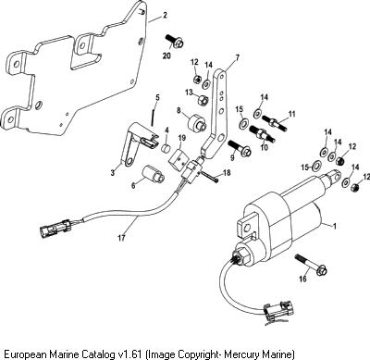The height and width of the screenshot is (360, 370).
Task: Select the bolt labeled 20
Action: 175,42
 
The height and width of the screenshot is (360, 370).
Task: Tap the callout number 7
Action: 237,57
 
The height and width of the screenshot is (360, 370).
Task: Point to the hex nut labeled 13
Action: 203,100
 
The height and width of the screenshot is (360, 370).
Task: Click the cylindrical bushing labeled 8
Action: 196,122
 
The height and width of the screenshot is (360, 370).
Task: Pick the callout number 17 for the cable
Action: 122,238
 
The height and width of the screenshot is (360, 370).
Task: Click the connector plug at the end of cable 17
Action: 55,228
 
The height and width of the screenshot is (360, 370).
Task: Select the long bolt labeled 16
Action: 311,265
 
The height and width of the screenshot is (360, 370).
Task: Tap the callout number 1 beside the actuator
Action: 334,226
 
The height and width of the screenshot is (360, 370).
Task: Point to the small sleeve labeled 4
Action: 167,147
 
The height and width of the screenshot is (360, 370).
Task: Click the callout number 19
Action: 180,138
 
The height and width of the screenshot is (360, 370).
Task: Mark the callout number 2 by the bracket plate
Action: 165,15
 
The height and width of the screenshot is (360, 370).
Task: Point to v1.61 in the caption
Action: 130,353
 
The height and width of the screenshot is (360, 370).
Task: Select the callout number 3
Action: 113,172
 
